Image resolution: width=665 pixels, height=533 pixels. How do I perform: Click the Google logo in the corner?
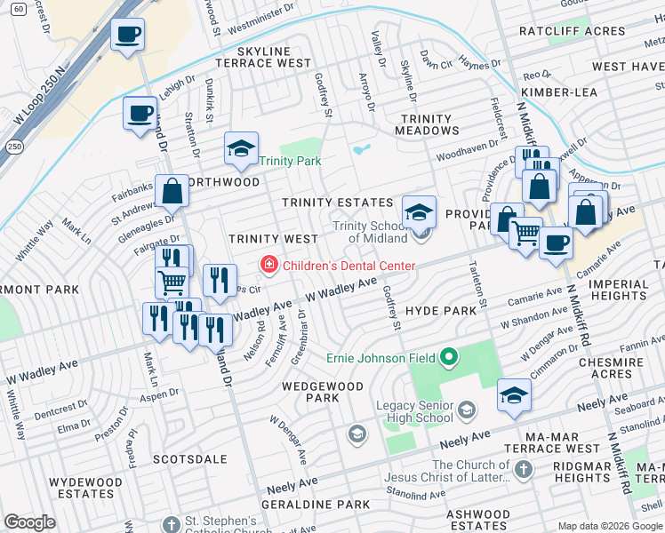pyautogui.click(x=30, y=522)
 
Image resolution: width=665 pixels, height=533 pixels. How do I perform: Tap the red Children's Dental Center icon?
pyautogui.click(x=267, y=265)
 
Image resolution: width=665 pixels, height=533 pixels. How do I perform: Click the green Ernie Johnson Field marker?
pyautogui.click(x=448, y=358)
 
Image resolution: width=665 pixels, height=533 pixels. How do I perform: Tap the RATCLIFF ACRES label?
pyautogui.click(x=585, y=31)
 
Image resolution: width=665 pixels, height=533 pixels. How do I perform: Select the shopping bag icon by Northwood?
pyautogui.click(x=171, y=191)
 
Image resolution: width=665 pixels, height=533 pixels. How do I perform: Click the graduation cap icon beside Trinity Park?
pyautogui.click(x=240, y=149)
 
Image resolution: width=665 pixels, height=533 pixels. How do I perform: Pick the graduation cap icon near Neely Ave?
pyautogui.click(x=513, y=396)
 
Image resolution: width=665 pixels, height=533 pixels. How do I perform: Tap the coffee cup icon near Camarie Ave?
pyautogui.click(x=557, y=243)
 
